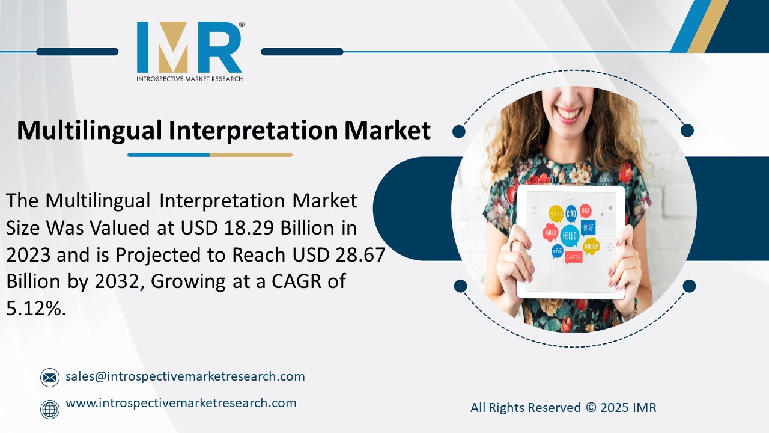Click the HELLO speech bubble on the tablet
569,235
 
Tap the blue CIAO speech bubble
570,212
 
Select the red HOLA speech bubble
586,211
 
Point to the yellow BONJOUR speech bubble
592,246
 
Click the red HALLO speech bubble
550,232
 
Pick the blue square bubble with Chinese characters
588,227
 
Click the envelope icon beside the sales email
50,378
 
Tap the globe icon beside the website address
50,409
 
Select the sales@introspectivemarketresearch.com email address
185,376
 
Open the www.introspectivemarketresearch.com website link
181,403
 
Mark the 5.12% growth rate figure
35,309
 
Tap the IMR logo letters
189,48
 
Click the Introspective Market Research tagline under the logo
189,79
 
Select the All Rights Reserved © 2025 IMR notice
563,408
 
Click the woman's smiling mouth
569,112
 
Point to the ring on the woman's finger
511,247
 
